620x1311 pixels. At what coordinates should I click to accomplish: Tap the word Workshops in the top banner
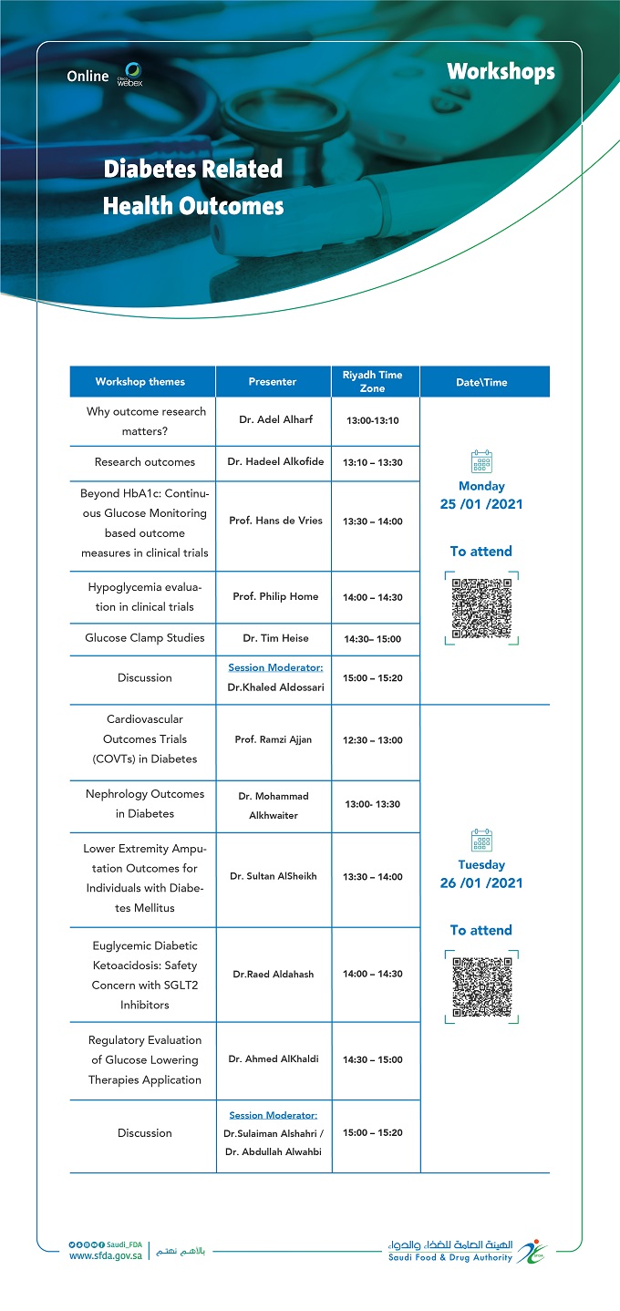501,71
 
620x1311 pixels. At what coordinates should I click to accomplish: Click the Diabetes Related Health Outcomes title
192,188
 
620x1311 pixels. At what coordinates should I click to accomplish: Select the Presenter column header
273,382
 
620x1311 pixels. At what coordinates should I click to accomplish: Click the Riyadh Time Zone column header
372,382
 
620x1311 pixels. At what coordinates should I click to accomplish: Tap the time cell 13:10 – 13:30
372,462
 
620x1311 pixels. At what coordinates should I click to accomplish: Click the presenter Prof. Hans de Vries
275,521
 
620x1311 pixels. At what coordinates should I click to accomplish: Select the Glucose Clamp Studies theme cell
145,638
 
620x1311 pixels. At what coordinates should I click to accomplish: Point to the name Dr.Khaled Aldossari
275,687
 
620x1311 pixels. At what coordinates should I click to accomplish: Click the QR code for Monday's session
481,606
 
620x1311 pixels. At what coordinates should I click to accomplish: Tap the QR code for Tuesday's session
481,986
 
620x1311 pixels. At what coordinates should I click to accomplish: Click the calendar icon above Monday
481,460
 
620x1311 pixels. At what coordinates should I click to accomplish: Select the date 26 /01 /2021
481,883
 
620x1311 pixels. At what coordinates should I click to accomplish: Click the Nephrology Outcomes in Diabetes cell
145,804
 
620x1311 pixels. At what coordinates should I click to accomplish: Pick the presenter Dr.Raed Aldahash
274,974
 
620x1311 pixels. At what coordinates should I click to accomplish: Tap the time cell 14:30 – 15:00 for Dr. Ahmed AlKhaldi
372,1059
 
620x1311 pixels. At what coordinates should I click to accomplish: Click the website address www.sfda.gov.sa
105,1255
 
